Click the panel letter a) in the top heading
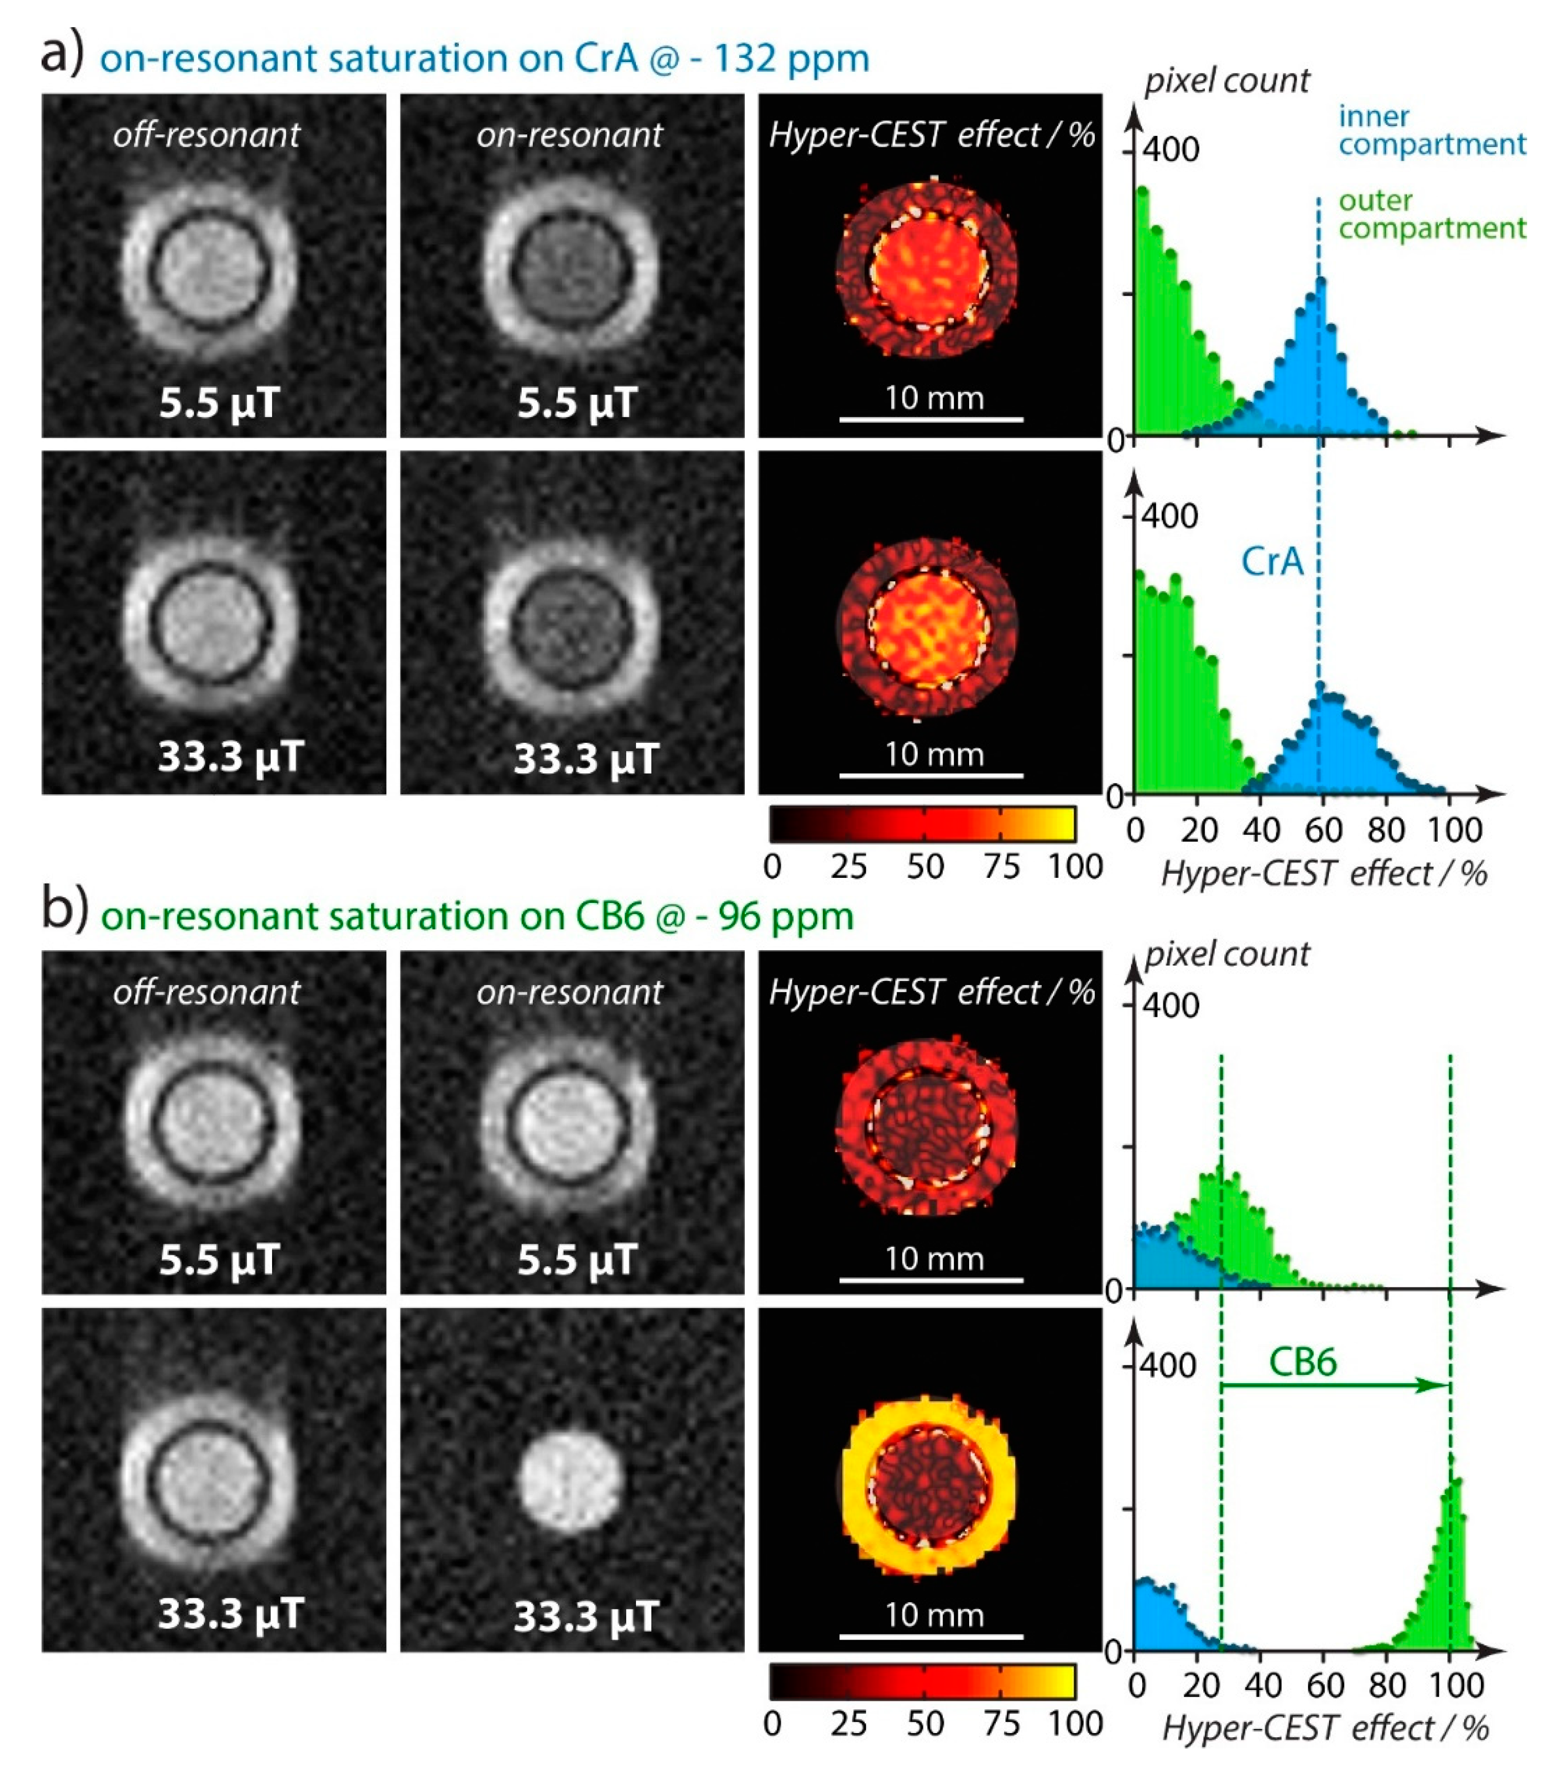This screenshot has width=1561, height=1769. [x=62, y=54]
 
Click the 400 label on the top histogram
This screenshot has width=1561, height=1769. [x=1170, y=150]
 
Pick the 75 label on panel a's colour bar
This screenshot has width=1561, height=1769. [x=1001, y=867]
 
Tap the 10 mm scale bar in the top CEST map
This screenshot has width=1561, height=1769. [x=932, y=419]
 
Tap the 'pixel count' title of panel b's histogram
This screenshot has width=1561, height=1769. [x=1226, y=954]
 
